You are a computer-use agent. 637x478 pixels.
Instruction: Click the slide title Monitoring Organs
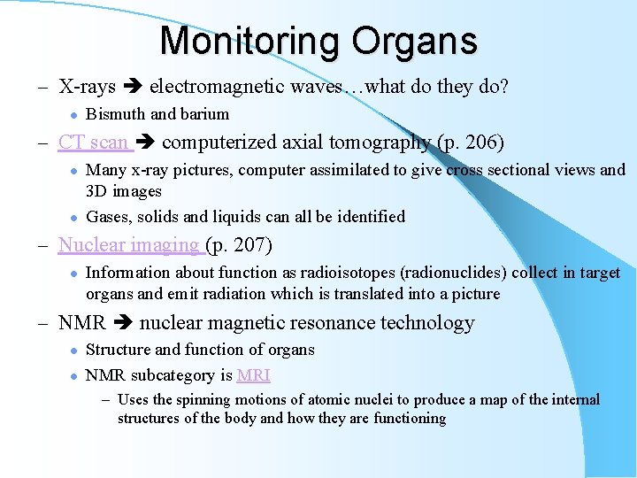[x=318, y=41]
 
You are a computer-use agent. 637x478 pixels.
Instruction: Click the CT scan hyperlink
[x=93, y=142]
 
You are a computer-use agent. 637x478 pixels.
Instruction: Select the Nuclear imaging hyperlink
[x=128, y=244]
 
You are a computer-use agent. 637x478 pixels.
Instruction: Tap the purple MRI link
[x=253, y=374]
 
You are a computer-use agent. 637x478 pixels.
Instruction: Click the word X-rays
[x=87, y=86]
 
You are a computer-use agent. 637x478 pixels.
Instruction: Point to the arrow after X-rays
[x=132, y=87]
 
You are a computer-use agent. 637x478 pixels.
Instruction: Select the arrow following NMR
[x=122, y=324]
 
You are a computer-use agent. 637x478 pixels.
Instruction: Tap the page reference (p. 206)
[x=471, y=142]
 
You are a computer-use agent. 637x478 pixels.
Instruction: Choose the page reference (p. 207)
[x=239, y=244]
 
